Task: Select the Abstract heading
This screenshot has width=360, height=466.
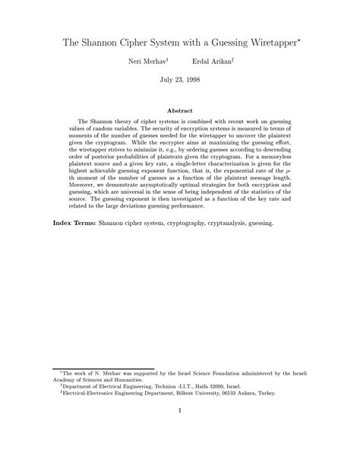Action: pyautogui.click(x=179, y=111)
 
